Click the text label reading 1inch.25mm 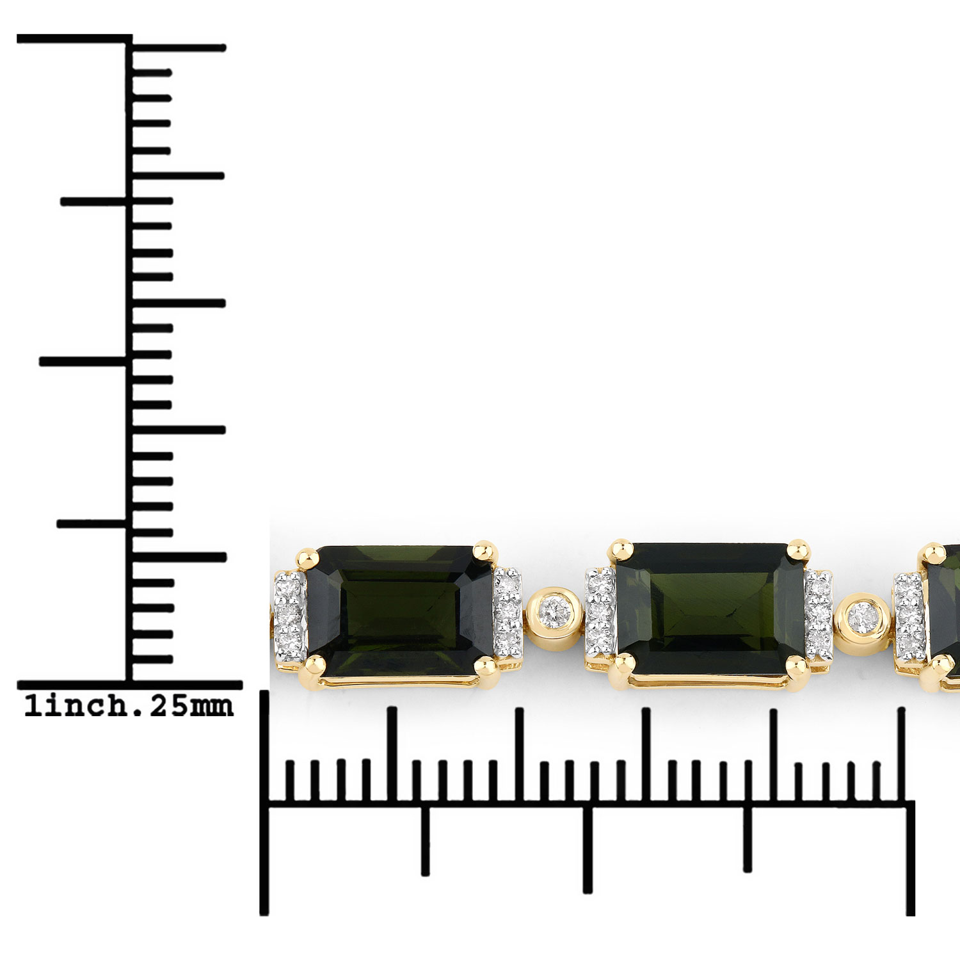click(129, 706)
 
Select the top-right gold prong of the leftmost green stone click(485, 552)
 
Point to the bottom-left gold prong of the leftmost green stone click(312, 666)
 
